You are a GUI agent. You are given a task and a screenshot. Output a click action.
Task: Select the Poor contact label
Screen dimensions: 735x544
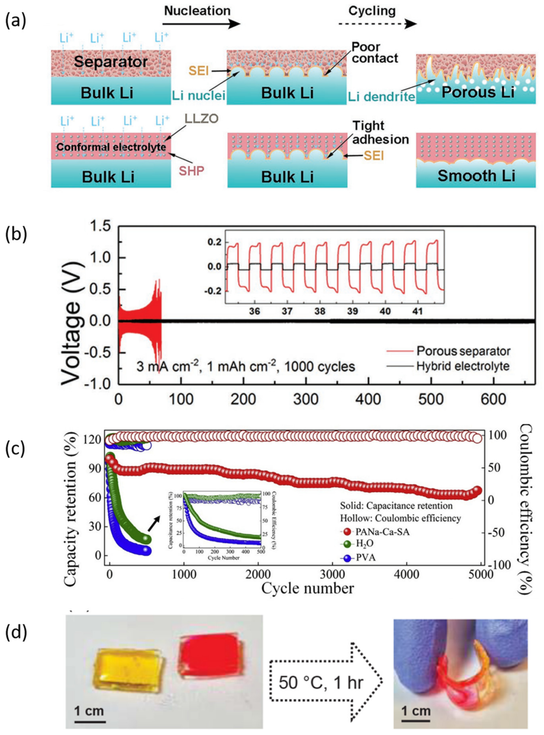(375, 53)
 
